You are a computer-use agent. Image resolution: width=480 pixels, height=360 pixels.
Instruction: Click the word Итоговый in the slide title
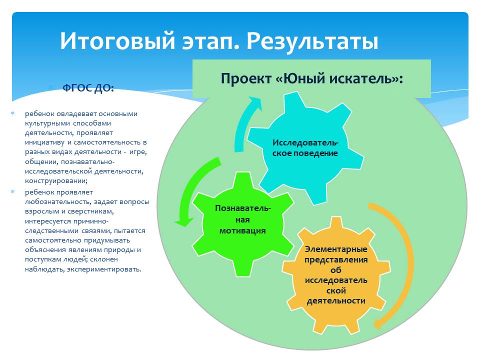(117, 40)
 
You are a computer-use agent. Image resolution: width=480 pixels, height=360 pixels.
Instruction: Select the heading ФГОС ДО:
(88, 88)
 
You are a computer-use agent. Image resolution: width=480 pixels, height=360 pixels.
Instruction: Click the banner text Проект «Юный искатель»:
(311, 78)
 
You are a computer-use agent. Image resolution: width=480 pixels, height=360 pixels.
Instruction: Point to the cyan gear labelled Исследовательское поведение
(305, 148)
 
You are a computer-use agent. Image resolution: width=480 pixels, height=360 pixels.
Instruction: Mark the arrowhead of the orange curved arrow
(378, 323)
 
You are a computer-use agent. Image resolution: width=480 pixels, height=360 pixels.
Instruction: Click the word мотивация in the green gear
(242, 230)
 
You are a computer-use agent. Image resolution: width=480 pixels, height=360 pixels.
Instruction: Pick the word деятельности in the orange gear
(336, 301)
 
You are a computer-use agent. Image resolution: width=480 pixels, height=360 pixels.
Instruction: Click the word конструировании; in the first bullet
(56, 180)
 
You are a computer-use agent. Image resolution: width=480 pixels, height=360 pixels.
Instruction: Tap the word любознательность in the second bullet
(57, 202)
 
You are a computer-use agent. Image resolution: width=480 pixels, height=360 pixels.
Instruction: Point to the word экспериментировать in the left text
(104, 269)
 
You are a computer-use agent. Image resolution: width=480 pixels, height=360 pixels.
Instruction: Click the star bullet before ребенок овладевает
(13, 113)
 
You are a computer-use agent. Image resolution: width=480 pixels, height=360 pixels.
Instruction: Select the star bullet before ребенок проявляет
(13, 192)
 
